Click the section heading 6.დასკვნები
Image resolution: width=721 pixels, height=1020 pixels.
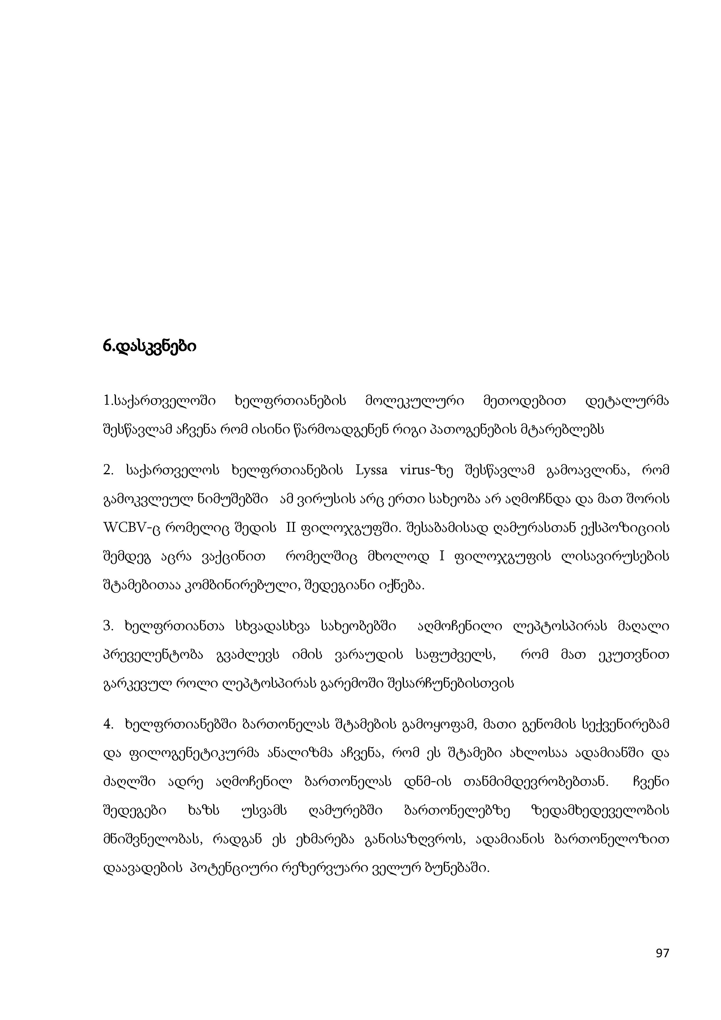(x=149, y=346)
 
